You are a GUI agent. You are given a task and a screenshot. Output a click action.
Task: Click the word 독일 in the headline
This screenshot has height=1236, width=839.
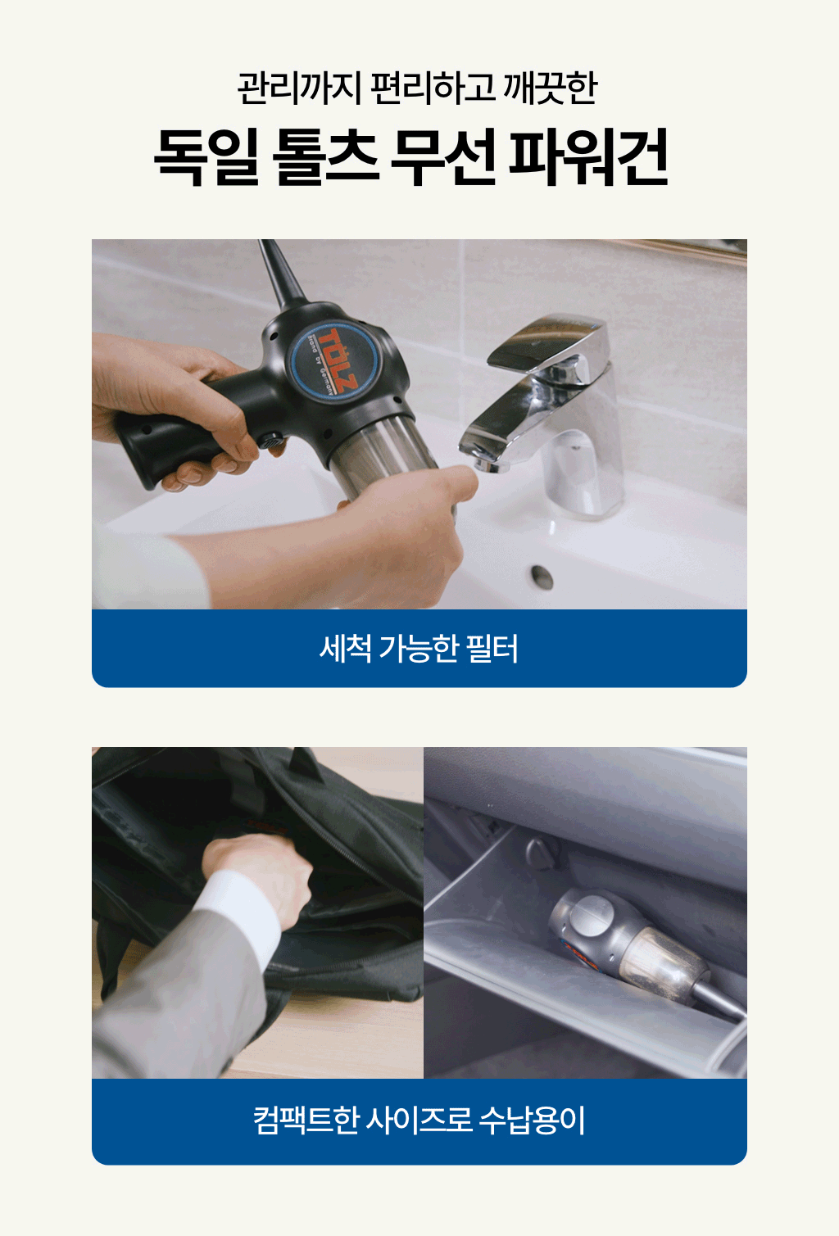click(x=206, y=156)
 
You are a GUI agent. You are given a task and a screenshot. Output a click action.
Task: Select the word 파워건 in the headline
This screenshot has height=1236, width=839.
click(x=588, y=156)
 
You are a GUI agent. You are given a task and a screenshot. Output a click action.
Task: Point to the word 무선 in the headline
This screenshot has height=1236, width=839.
click(x=443, y=156)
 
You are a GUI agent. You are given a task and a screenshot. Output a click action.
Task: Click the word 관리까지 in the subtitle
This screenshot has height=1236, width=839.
click(x=300, y=88)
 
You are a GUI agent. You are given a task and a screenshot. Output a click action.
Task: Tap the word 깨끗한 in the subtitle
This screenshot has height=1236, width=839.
click(x=551, y=88)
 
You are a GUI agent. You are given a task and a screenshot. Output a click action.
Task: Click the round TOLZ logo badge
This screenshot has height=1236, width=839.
click(x=336, y=360)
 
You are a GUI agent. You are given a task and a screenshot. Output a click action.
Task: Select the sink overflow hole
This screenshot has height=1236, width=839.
click(x=542, y=577)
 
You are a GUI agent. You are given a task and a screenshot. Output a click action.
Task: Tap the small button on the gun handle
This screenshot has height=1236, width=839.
click(x=271, y=441)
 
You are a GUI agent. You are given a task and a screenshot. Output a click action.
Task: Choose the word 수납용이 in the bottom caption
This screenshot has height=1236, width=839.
click(x=532, y=1120)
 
